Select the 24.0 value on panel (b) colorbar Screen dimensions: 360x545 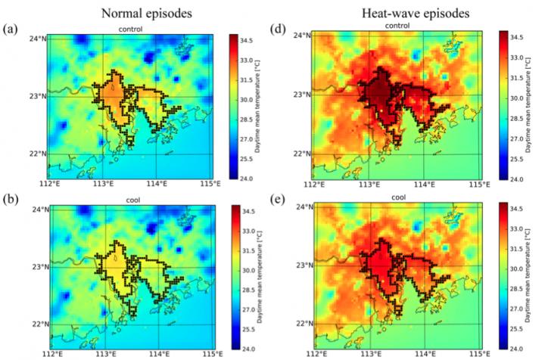pyautogui.click(x=248, y=349)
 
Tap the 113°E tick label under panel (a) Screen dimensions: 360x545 pyautogui.click(x=104, y=182)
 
